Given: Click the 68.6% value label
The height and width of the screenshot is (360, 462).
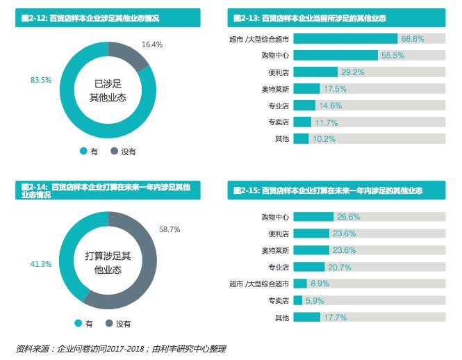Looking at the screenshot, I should (x=412, y=39).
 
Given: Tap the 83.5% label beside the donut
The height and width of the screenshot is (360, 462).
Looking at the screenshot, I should (x=41, y=80).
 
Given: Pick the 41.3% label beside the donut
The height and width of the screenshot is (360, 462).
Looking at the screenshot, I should (x=41, y=264).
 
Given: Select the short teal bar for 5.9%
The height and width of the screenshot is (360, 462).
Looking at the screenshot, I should (x=297, y=300).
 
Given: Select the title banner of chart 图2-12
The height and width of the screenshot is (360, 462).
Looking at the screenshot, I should (x=107, y=17).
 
